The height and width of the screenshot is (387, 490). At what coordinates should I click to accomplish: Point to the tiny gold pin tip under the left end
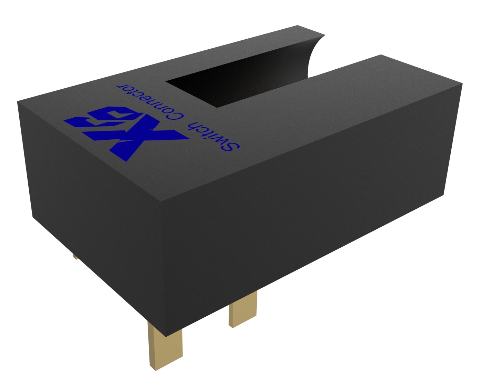(75, 257)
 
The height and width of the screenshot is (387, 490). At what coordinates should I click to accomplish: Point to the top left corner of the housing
(18, 101)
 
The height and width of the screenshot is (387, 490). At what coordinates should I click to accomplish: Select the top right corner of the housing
(462, 83)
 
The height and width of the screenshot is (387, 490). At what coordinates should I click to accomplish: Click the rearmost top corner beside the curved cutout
(297, 26)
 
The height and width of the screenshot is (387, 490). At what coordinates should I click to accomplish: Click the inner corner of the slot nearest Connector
(167, 82)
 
